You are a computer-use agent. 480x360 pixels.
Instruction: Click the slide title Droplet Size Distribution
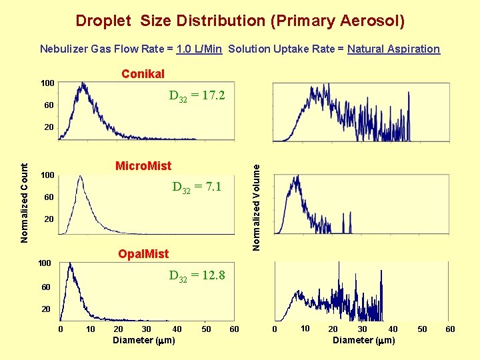tap(240, 21)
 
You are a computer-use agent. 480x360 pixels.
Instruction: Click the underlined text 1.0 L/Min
tap(199, 49)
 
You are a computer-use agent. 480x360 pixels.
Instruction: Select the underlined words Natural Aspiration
tap(393, 49)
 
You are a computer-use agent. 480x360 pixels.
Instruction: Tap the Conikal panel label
tap(143, 73)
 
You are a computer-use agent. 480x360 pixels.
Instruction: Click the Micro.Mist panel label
tap(143, 165)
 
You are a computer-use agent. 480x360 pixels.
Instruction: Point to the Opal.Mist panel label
tap(143, 253)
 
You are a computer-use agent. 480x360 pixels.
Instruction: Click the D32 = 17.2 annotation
tap(197, 96)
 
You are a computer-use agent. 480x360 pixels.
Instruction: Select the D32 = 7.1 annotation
tap(197, 187)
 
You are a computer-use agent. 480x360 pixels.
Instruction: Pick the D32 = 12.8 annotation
tap(197, 275)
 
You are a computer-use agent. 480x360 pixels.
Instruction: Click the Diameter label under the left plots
tap(144, 340)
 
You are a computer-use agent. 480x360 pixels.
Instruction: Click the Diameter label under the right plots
tap(364, 340)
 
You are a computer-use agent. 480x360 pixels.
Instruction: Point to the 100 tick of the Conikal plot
tap(47, 83)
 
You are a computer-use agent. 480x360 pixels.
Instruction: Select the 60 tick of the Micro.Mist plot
tap(48, 197)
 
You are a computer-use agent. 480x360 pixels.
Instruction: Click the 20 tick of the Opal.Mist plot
tap(46, 309)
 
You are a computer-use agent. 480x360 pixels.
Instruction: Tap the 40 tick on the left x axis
tap(177, 329)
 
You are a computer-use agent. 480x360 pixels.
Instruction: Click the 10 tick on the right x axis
tap(305, 328)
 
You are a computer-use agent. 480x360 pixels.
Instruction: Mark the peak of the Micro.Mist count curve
tap(80, 177)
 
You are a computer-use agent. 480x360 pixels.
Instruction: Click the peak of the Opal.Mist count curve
tap(70, 264)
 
